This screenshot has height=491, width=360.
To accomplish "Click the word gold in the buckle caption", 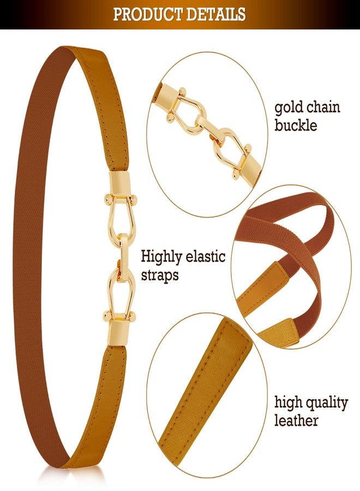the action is pos(289,107).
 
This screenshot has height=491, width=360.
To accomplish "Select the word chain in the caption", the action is pos(323,106).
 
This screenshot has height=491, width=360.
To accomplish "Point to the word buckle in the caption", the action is pos(296,125).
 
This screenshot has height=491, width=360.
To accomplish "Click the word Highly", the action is pos(161,257).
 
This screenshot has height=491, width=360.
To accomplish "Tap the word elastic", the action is pos(206,256).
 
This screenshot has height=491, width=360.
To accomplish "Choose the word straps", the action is pos(160,276).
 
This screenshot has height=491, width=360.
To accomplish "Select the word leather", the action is pos(296,420).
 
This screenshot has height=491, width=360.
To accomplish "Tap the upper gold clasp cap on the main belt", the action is pos(119,183).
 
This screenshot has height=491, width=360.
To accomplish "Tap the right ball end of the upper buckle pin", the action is pos(135,199).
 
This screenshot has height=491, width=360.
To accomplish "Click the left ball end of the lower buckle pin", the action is pos(107,314).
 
